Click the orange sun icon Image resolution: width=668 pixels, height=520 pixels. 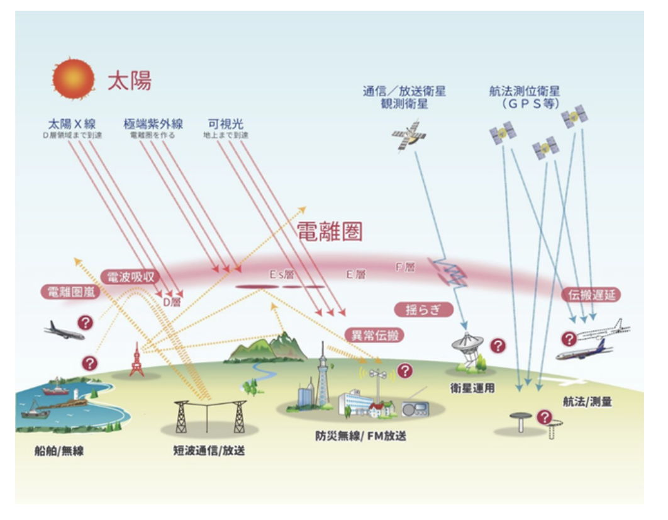pos(73,79)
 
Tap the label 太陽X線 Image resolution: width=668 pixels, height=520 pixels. pos(72,123)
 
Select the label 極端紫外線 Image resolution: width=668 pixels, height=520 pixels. pos(152,123)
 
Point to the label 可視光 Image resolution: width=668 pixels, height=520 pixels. pos(226,123)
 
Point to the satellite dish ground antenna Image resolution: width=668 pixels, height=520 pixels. pos(469,349)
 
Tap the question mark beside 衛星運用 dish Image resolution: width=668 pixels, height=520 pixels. pos(498,346)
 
